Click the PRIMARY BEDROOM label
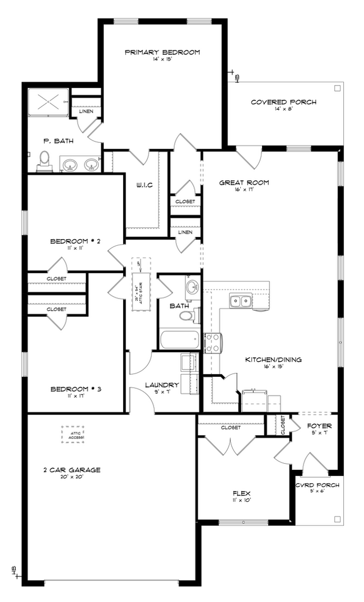(162, 53)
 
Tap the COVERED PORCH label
(283, 102)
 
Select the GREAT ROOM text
(244, 183)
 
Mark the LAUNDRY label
(161, 385)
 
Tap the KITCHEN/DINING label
(273, 360)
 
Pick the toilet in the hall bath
(185, 316)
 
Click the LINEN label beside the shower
(86, 111)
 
